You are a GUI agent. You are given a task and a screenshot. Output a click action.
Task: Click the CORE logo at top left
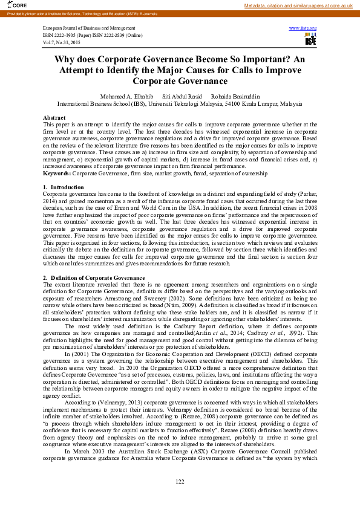click(10, 5)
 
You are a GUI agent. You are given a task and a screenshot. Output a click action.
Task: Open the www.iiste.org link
click(303, 28)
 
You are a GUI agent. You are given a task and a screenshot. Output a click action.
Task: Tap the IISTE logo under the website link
click(310, 40)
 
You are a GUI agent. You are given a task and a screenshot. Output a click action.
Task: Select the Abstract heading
click(54, 117)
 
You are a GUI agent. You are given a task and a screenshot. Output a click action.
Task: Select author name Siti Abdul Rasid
click(182, 96)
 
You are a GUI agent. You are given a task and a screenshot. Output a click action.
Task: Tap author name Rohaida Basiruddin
click(236, 96)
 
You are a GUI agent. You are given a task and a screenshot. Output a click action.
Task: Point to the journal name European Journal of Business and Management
click(89, 28)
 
